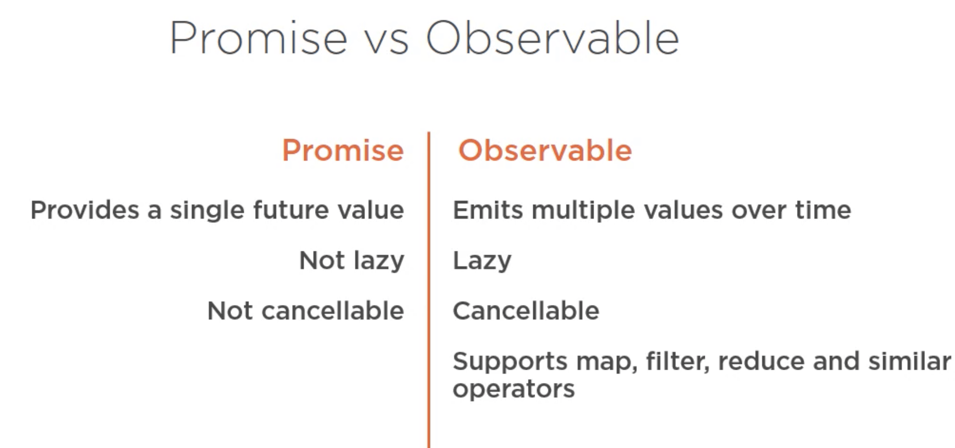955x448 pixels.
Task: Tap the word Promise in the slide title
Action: click(259, 38)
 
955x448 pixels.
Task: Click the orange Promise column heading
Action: click(343, 150)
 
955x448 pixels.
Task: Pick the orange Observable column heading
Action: click(545, 150)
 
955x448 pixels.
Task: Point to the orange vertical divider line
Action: click(429, 290)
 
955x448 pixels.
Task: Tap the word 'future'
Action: click(291, 210)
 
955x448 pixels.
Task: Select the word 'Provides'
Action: click(85, 210)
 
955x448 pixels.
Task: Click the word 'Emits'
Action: click(488, 210)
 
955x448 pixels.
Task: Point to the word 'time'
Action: click(823, 210)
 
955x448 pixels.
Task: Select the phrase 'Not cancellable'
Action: click(306, 311)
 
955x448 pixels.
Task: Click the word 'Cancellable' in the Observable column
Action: click(526, 311)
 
